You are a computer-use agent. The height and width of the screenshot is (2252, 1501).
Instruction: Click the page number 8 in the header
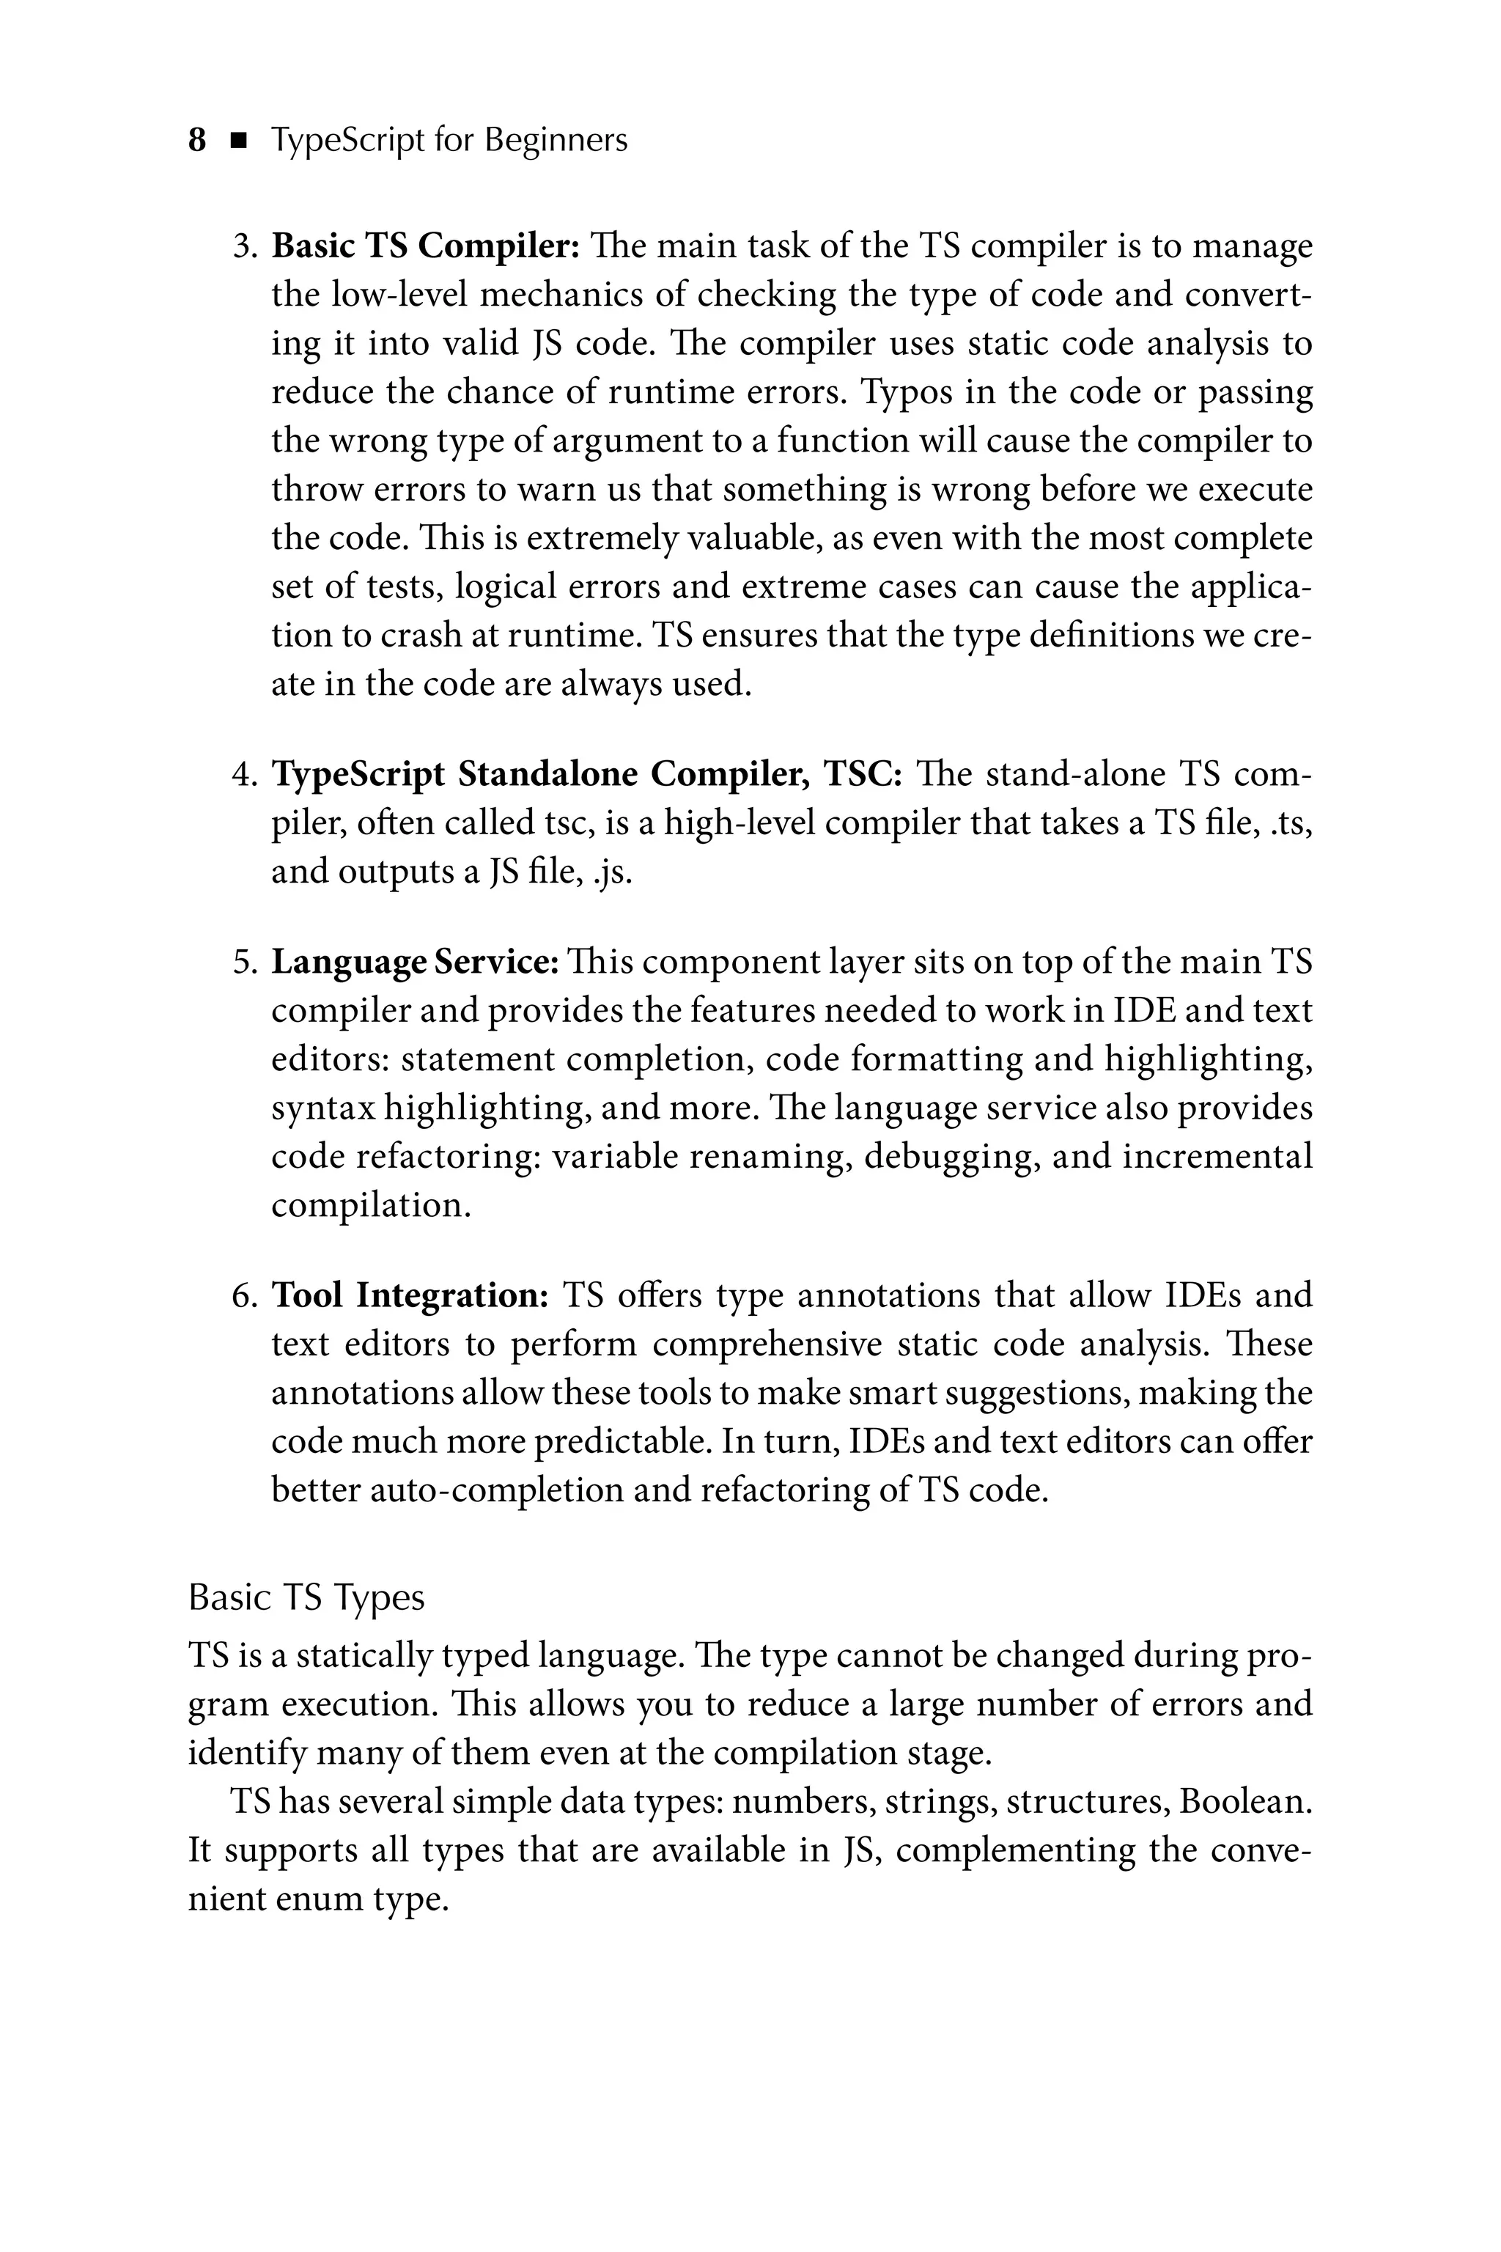[x=197, y=141]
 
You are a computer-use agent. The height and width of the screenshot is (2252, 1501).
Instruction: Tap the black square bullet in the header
[x=238, y=141]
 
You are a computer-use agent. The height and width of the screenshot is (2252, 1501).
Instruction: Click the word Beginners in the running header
[x=556, y=141]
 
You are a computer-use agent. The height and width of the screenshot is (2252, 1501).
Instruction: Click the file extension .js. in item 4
[x=613, y=872]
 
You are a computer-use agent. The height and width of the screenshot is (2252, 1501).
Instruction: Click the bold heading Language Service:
[x=416, y=961]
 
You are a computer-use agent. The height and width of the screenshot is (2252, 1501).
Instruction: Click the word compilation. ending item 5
[x=372, y=1205]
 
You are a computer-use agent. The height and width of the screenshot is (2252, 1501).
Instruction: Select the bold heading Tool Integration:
[x=410, y=1295]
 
